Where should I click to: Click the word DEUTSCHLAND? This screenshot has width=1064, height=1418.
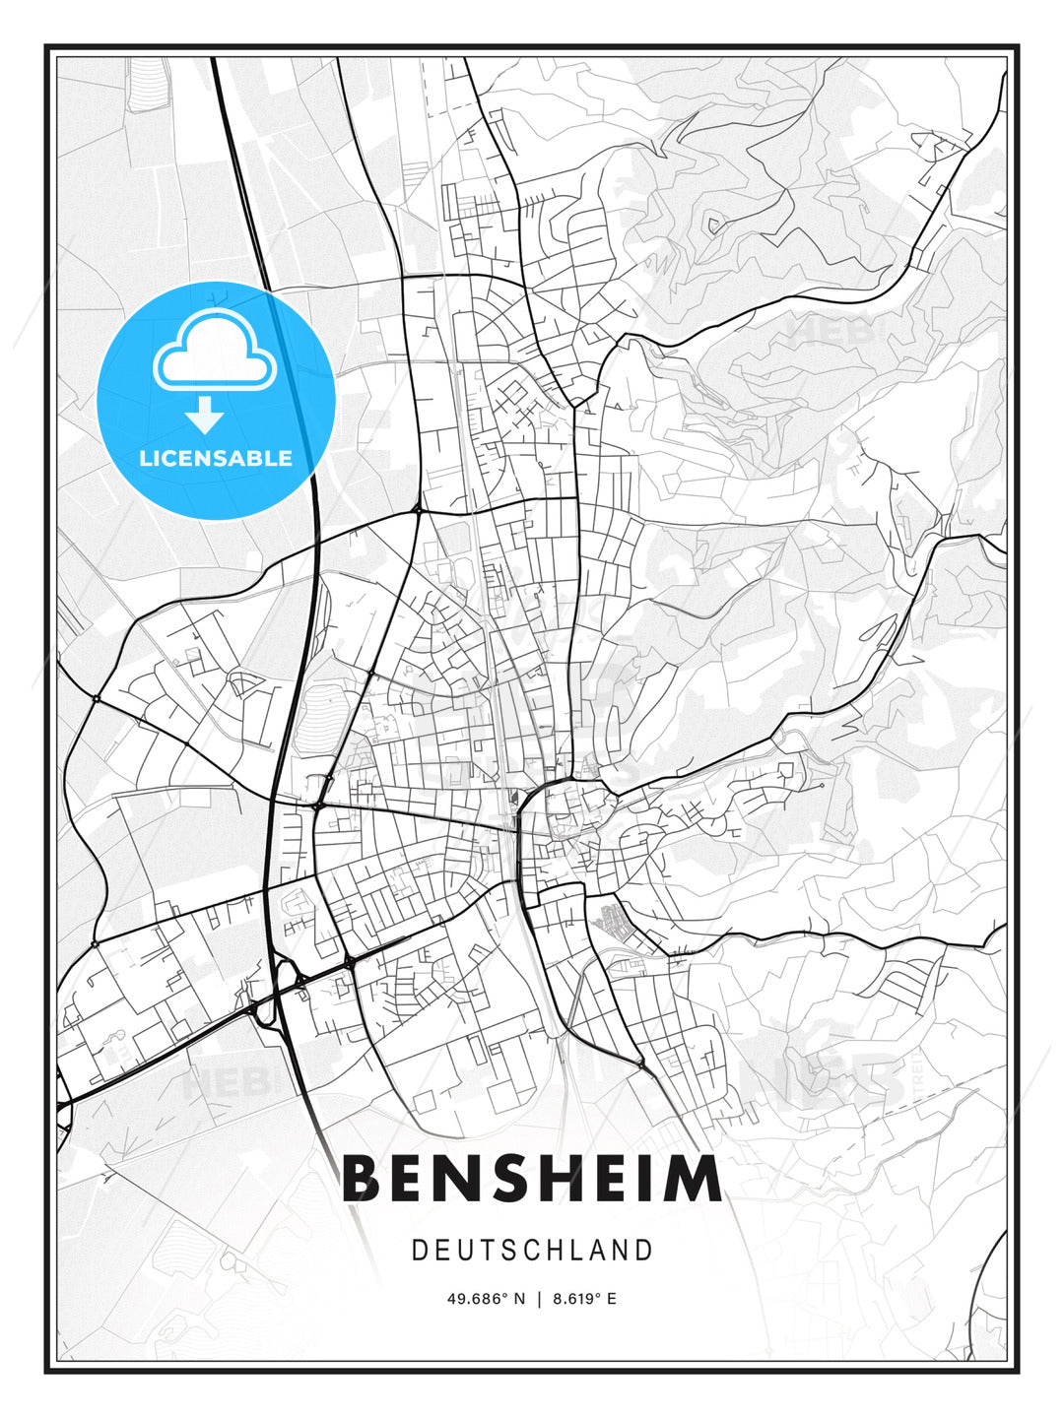[532, 1251]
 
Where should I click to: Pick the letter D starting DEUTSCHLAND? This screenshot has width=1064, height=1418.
[419, 1251]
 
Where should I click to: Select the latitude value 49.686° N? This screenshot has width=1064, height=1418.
[485, 1299]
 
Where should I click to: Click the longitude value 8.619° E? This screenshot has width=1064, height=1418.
[584, 1299]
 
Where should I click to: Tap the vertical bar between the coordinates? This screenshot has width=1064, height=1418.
[539, 1299]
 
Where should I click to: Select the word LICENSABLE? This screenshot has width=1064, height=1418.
[216, 458]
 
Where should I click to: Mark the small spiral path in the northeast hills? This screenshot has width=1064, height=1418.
[713, 224]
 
